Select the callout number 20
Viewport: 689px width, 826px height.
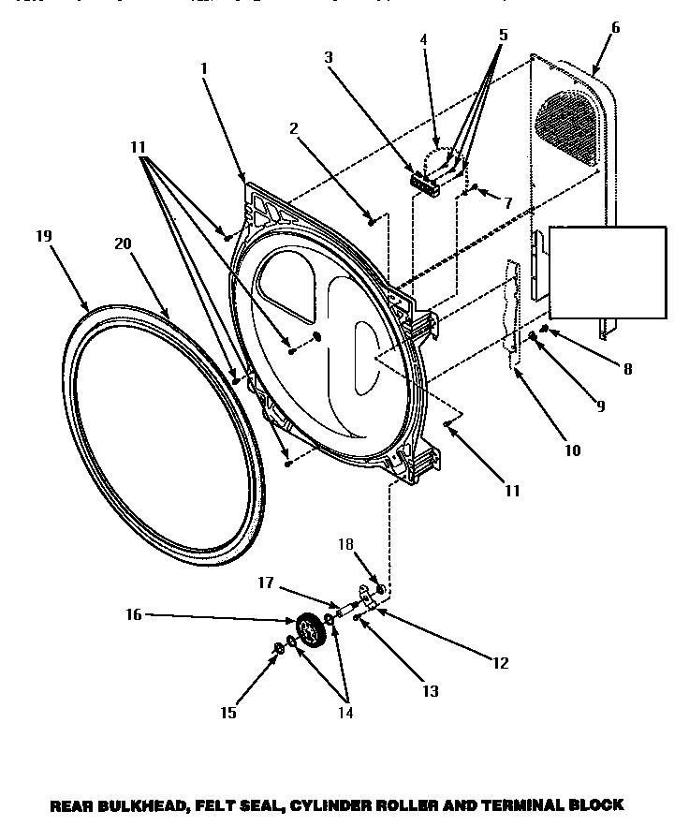click(123, 243)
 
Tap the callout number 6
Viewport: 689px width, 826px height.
click(614, 28)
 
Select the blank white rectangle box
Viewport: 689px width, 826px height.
click(608, 273)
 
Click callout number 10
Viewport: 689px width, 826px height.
click(572, 450)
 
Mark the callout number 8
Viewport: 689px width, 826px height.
click(627, 369)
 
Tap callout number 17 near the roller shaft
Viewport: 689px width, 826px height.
click(265, 583)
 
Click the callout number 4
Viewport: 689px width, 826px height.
click(423, 39)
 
